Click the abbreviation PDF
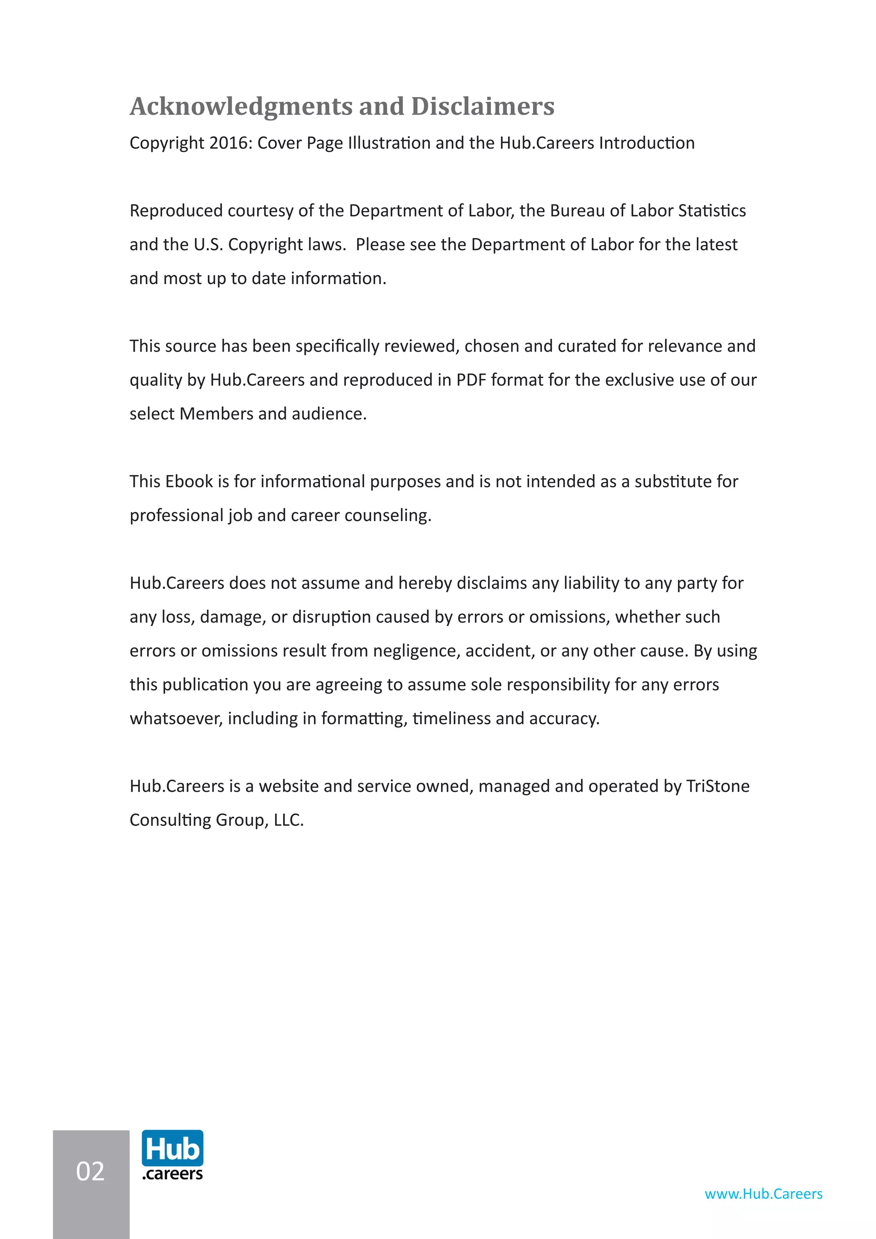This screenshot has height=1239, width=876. point(471,380)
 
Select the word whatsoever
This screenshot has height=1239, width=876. point(176,719)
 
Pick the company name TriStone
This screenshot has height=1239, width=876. point(717,786)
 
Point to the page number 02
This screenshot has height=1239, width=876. point(90,1171)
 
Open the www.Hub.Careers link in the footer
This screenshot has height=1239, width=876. point(763,1194)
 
